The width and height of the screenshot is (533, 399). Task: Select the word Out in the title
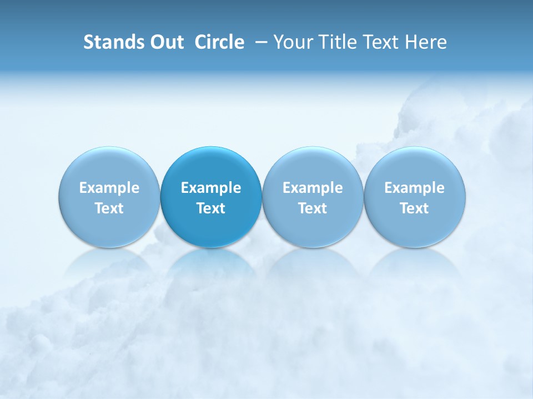(165, 42)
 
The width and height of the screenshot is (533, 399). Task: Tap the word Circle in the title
(219, 42)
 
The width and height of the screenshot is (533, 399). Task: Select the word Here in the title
(426, 42)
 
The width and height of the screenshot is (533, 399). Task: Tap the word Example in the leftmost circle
(109, 188)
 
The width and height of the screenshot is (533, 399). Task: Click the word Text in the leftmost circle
(109, 208)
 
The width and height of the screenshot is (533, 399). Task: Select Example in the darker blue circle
(211, 188)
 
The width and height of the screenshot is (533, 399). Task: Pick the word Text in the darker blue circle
(211, 208)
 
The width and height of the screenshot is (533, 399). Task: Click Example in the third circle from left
(313, 188)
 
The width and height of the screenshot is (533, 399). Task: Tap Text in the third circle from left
(313, 208)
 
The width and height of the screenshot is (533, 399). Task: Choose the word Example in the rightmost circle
(414, 188)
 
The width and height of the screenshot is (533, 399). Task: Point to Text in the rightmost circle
(414, 208)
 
